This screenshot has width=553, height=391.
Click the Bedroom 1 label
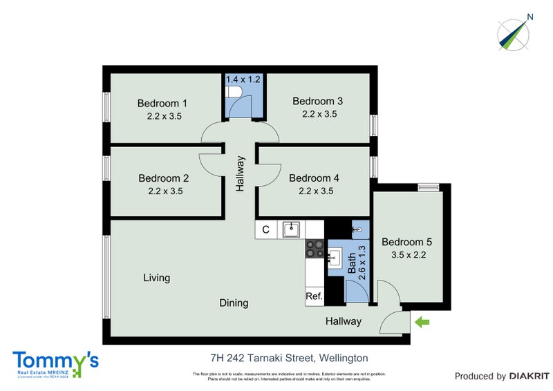pos(164,103)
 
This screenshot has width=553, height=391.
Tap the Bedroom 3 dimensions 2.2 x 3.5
pos(319,115)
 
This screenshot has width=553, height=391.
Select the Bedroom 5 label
pos(406,242)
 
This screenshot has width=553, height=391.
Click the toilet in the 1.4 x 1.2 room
pos(234,93)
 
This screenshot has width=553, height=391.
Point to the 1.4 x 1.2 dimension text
pos(243,79)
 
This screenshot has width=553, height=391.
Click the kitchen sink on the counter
pos(291,228)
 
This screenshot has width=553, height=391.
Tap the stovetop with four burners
pos(314,248)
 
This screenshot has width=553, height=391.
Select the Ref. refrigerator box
pos(315,296)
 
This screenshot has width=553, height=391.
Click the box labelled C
pos(265,229)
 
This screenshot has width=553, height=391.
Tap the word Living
pos(156,278)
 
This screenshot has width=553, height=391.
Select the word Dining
pos(234,303)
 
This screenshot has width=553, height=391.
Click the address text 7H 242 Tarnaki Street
pos(289,358)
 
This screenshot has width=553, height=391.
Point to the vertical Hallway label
pos(241,173)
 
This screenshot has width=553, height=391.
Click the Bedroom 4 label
pos(315,178)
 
